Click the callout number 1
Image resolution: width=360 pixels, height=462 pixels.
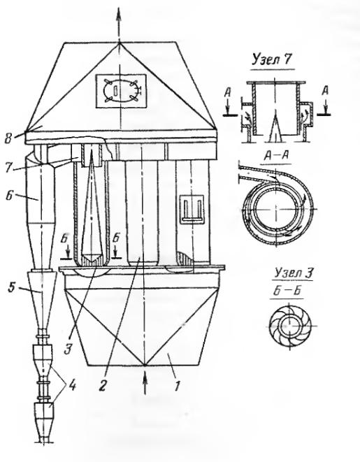[x=177, y=386]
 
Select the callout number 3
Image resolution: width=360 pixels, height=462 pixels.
[x=69, y=349]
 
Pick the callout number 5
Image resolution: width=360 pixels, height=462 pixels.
[x=11, y=287]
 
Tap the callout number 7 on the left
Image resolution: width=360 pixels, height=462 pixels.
[x=10, y=168]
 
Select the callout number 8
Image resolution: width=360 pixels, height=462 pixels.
[x=9, y=138]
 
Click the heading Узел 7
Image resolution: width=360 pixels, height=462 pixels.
[x=271, y=60]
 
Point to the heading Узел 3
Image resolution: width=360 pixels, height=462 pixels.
[x=293, y=273]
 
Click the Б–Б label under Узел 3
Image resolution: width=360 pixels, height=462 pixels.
[x=286, y=291]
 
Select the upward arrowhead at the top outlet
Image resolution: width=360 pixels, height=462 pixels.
[x=119, y=13]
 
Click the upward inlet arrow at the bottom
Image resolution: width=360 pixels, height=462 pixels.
[x=145, y=384]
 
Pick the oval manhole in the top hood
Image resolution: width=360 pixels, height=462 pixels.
[x=121, y=91]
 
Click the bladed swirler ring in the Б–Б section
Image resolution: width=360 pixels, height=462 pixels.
[x=290, y=326]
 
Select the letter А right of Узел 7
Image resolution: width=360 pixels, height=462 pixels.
[x=325, y=91]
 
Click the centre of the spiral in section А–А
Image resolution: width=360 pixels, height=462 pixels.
[x=276, y=209]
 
